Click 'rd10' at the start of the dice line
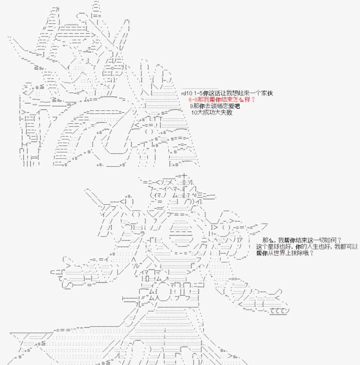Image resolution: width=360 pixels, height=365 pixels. [187, 94]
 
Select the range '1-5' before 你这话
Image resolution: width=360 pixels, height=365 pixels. [198, 94]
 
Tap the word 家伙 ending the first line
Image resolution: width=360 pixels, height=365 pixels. [267, 93]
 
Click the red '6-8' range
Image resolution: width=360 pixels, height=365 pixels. [193, 100]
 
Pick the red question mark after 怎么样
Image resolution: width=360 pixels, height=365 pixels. [254, 99]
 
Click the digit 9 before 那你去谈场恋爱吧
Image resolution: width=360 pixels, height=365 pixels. [192, 106]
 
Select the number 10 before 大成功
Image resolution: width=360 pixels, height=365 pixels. [194, 113]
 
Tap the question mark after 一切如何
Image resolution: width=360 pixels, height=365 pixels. [339, 240]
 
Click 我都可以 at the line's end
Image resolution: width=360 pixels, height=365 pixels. [346, 247]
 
